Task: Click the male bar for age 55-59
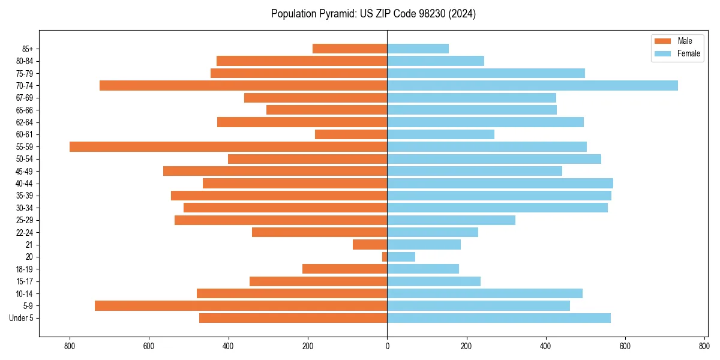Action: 228,146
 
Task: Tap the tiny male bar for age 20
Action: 385,257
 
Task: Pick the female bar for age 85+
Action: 418,49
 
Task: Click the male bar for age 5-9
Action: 241,306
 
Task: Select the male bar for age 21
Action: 370,244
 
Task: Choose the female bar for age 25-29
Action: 451,220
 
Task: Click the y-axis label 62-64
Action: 24,122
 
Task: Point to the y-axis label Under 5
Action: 22,318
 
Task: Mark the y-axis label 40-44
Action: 24,184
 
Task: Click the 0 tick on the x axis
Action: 387,346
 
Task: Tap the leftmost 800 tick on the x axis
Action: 70,346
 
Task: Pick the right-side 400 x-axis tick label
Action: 545,346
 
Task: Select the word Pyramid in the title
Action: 334,14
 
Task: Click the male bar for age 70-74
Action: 243,85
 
